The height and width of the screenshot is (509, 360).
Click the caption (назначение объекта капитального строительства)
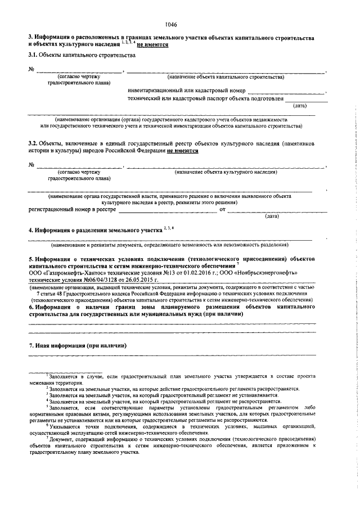click(226, 76)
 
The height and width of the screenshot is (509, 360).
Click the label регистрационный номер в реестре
click(73, 209)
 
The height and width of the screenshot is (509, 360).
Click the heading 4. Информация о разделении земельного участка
click(95, 230)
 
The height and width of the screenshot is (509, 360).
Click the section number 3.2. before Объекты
click(35, 144)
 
